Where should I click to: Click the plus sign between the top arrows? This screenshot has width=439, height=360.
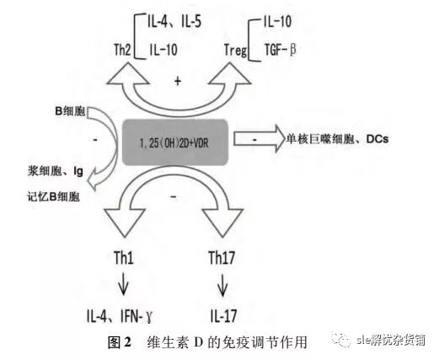click(176, 81)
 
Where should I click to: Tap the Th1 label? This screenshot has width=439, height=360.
click(126, 258)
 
